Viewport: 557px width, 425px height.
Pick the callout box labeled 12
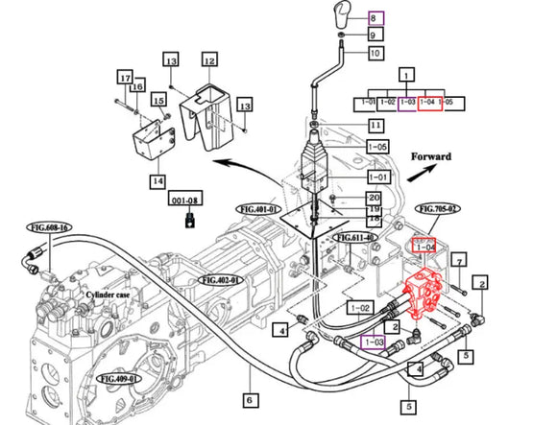(209, 59)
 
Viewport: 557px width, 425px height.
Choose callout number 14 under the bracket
(157, 179)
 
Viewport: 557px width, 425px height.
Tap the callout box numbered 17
(124, 76)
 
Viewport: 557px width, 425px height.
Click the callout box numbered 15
(158, 99)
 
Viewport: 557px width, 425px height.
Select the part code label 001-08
(189, 201)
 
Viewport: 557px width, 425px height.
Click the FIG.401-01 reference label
(258, 208)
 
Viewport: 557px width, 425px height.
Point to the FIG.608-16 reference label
(50, 229)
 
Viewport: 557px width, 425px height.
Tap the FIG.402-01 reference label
(222, 280)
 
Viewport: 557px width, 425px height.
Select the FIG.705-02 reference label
(438, 208)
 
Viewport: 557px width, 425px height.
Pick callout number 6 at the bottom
(248, 400)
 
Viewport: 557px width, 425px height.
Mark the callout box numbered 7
(459, 260)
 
